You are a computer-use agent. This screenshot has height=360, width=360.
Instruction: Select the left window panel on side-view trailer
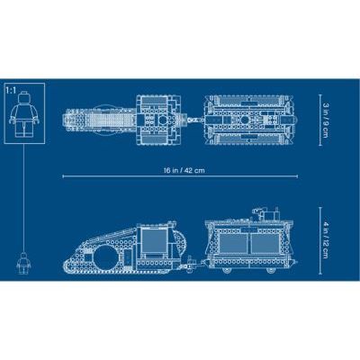(x=229, y=239)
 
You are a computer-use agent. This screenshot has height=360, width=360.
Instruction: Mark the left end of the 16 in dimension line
(x=63, y=175)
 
